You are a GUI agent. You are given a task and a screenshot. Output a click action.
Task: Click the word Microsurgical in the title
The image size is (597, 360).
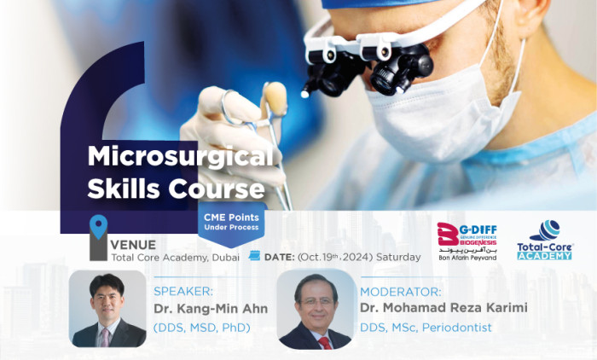point(182,157)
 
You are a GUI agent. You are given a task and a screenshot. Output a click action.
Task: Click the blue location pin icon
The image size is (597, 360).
point(99,227)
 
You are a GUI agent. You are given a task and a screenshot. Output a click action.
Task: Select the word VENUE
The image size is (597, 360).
point(133,243)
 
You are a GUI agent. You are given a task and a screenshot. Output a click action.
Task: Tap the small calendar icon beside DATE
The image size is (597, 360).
point(253,255)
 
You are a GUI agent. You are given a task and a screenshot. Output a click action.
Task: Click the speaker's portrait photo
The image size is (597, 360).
point(107,309)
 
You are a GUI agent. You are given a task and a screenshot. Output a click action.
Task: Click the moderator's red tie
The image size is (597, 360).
point(324,342)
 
